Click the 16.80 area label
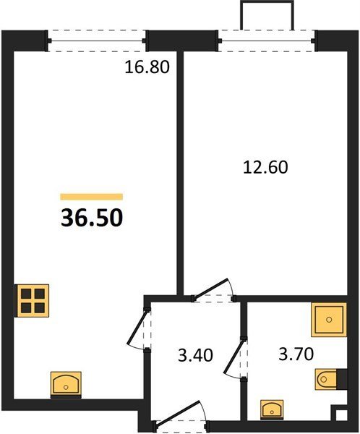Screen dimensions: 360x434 [147, 67]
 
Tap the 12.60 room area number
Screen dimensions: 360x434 [265, 168]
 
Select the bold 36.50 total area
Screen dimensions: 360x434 [92, 218]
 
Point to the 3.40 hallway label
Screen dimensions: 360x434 [195, 355]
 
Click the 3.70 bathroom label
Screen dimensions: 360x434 [296, 354]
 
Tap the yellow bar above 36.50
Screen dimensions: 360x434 [92, 197]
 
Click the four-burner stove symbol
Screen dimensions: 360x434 [32, 301]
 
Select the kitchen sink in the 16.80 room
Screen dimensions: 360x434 [66, 385]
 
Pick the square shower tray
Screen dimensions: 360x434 [329, 320]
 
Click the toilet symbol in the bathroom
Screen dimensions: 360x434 [327, 379]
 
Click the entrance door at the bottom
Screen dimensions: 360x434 [180, 414]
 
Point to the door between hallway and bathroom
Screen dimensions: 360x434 [235, 358]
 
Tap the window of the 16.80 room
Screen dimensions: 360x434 [97, 41]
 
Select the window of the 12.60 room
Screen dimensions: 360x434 [267, 41]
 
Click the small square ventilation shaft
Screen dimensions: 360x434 [340, 414]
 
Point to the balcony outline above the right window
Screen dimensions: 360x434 [267, 2]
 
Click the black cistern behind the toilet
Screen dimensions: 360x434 [342, 379]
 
